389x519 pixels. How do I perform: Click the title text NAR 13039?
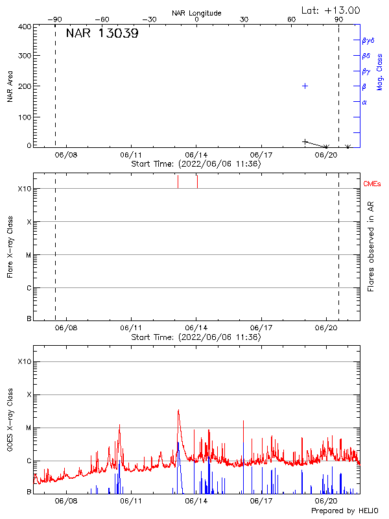[102, 34]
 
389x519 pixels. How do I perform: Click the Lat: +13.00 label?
[331, 10]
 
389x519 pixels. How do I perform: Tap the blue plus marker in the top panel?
[305, 86]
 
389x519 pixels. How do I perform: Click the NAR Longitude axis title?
[196, 13]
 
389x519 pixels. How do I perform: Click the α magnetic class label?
[364, 102]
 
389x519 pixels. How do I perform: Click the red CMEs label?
[373, 184]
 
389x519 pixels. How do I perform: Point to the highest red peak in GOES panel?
[178, 410]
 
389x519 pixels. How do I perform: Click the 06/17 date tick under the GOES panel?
[261, 501]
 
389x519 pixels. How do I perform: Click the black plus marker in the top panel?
[305, 141]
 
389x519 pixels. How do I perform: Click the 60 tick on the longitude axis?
[292, 19]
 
